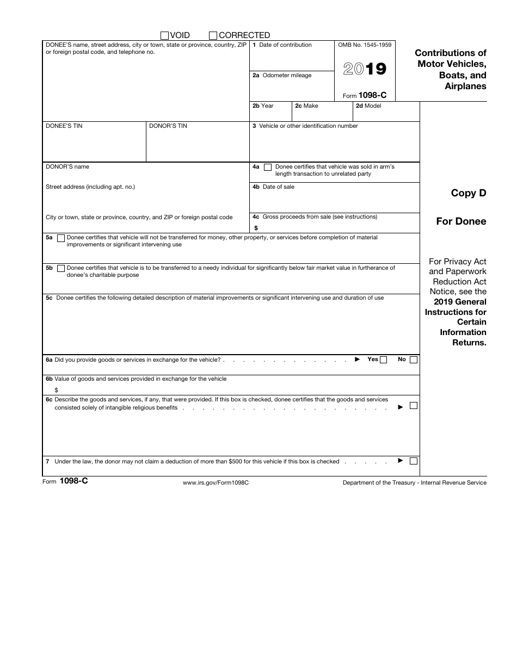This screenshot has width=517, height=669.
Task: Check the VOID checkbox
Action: pos(165,35)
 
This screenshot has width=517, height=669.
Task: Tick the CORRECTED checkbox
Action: pos(213,35)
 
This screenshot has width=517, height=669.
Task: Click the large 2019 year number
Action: pos(365,69)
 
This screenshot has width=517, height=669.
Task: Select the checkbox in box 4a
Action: pos(267,168)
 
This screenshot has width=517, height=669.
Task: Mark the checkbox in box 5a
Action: pos(61,238)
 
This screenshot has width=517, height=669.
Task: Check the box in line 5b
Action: pos(61,268)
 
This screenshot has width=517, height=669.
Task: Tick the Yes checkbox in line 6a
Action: pos(384,360)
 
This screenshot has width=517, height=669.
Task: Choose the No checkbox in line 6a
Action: pos(414,360)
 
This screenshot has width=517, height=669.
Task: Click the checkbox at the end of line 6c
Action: pos(414,406)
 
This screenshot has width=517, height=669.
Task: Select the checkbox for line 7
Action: pos(414,461)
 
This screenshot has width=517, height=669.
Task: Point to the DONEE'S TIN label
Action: pos(64,126)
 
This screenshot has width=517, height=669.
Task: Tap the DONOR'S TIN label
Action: pos(168,126)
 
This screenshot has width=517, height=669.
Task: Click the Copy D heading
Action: pos(469,193)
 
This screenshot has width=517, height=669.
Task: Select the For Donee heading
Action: pos(461,221)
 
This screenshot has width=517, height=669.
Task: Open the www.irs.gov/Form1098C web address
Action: pos(216,483)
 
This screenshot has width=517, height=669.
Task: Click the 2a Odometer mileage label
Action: pos(282,76)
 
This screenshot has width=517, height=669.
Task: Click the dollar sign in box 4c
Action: pos(256,228)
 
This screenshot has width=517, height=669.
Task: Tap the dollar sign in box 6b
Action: pos(57,390)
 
